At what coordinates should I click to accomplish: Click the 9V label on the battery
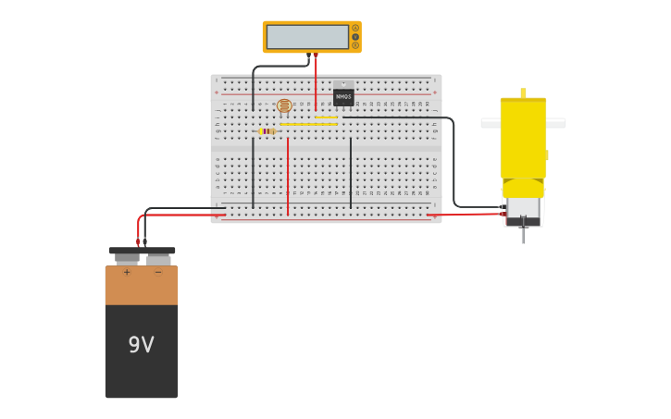click(141, 345)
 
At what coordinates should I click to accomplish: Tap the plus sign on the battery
click(127, 273)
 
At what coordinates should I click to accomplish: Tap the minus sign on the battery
click(158, 273)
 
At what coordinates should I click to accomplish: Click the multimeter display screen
click(308, 37)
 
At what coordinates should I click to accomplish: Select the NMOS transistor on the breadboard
click(343, 95)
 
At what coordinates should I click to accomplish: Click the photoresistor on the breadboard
click(284, 105)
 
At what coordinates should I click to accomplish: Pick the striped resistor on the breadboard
click(267, 131)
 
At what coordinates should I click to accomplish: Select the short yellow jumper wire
click(326, 117)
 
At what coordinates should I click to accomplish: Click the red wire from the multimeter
click(316, 83)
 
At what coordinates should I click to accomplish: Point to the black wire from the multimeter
click(278, 67)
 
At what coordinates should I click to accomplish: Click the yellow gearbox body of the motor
click(523, 139)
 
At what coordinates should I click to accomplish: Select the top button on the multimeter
click(355, 28)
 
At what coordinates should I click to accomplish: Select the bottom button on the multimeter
click(355, 45)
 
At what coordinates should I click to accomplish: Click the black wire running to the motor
click(454, 166)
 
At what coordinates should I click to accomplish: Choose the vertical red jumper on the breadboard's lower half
click(288, 176)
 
